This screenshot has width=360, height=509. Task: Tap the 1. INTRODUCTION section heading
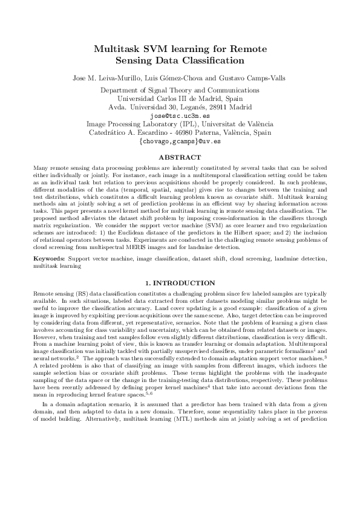click(x=180, y=283)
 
